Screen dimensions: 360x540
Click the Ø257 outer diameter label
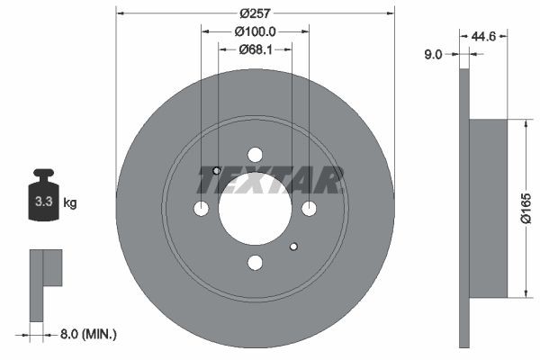(x=255, y=13)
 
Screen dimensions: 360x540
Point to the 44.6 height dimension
(x=484, y=36)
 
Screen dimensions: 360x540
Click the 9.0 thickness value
(x=433, y=54)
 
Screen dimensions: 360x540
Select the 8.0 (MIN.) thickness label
(x=86, y=334)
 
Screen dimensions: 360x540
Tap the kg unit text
(x=70, y=203)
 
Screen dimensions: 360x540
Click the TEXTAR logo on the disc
(x=270, y=181)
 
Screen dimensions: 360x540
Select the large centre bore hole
(x=255, y=208)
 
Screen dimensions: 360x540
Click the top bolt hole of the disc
(x=255, y=154)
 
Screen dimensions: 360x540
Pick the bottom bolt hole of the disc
(x=255, y=262)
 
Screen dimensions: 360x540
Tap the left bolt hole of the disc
(x=201, y=209)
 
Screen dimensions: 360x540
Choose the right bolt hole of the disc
(x=309, y=209)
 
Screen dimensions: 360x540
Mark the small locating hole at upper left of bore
(x=217, y=170)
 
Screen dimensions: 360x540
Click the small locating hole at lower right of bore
(x=293, y=246)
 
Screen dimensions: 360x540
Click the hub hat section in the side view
(x=490, y=208)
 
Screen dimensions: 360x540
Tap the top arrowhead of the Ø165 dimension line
(x=525, y=121)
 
